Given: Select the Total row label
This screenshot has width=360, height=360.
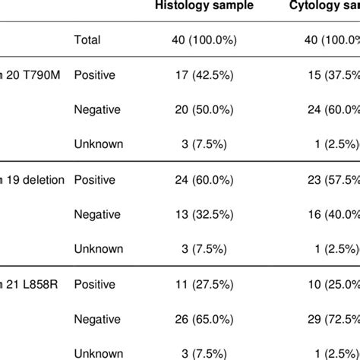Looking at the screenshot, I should point(87,39).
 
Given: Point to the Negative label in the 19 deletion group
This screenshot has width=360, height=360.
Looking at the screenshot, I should point(98,215).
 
